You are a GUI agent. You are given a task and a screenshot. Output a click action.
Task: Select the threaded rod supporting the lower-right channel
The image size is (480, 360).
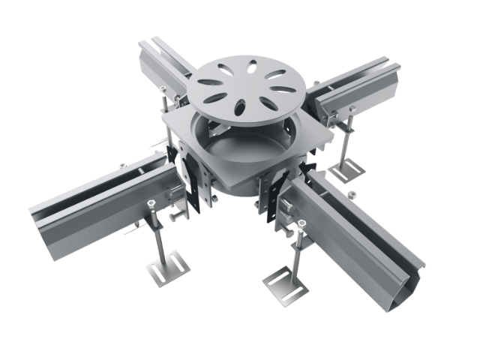300,251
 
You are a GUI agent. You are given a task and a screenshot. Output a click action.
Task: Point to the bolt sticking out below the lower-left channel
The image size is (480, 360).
177,218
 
